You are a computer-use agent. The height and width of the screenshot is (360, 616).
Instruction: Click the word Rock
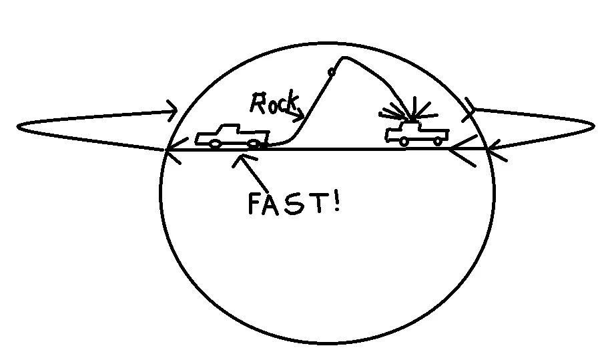click(x=274, y=103)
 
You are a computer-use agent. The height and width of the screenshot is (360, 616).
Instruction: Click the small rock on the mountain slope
click(x=331, y=72)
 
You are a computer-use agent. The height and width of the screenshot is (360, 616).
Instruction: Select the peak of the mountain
click(x=344, y=57)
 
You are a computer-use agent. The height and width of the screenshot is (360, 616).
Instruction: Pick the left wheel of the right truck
click(x=404, y=142)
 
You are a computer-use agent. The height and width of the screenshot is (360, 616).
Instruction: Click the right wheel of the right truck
click(x=438, y=141)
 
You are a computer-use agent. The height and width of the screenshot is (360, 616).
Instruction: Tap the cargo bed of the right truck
click(x=434, y=133)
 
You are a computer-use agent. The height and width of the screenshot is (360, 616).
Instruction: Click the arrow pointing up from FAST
click(x=250, y=173)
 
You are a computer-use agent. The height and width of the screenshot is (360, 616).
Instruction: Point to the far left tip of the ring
click(x=17, y=126)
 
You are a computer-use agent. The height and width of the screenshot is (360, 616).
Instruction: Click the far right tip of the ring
click(x=594, y=126)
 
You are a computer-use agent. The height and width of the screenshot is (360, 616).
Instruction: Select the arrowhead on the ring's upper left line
click(x=173, y=110)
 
